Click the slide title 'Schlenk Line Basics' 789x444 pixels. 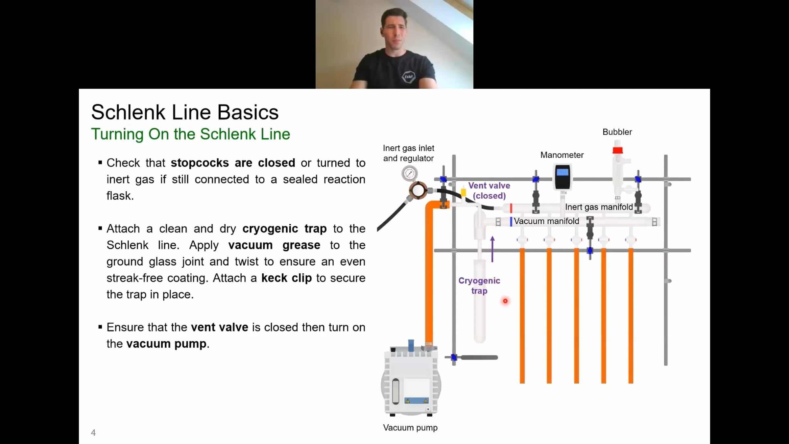(185, 112)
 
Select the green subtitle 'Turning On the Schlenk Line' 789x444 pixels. (191, 134)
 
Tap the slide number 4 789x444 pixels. (93, 432)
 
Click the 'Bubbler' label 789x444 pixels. (617, 132)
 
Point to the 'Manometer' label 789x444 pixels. (562, 155)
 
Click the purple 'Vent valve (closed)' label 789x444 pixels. (489, 191)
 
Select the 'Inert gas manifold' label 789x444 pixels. (599, 207)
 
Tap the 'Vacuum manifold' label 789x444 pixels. (546, 221)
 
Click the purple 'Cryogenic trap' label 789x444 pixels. (479, 285)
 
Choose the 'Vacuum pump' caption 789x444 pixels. (410, 428)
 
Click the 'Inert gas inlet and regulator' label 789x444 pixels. (408, 153)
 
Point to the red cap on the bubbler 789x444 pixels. (617, 150)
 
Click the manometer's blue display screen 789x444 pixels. (562, 172)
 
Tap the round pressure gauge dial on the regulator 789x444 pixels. (410, 173)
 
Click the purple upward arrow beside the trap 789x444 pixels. (492, 249)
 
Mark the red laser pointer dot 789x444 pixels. (505, 301)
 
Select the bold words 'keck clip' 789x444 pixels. (286, 278)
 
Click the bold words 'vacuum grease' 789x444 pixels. (274, 245)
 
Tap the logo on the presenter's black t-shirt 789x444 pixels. (409, 77)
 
